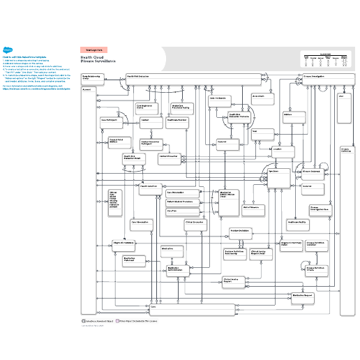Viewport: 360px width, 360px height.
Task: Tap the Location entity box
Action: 277,149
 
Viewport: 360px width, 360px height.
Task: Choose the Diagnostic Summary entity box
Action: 123,244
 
